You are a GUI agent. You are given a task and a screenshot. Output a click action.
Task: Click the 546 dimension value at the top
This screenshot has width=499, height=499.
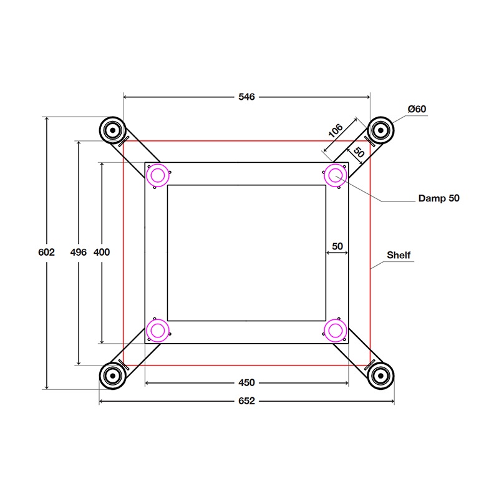point(246,97)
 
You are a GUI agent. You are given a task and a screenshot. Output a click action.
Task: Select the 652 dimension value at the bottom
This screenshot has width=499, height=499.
point(246,401)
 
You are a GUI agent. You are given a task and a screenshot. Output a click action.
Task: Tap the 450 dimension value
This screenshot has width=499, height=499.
point(246,382)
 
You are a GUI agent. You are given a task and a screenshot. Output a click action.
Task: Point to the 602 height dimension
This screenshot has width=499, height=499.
point(47,252)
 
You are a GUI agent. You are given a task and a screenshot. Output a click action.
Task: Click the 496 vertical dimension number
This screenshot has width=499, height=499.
point(78,252)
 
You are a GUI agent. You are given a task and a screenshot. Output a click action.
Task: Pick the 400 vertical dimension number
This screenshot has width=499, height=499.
point(101,252)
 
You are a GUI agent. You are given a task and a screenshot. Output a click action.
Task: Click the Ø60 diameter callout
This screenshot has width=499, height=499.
point(417,109)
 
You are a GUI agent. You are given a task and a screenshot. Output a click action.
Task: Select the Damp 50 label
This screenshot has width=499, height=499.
point(438,198)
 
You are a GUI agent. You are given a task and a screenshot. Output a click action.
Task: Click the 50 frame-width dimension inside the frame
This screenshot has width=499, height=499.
point(337,246)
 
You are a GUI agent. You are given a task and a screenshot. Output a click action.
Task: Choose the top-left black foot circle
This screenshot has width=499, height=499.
point(113,130)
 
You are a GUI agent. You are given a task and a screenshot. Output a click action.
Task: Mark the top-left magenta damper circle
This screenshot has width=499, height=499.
point(157,175)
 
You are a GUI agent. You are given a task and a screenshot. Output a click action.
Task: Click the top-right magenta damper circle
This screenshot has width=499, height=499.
point(336,175)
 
